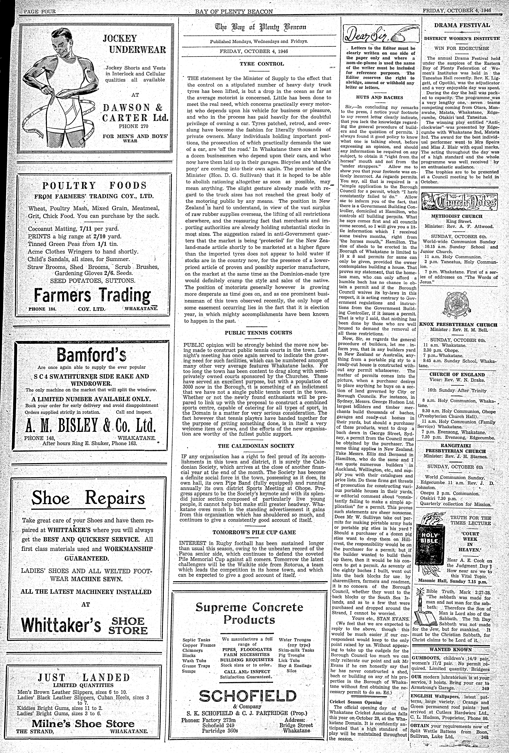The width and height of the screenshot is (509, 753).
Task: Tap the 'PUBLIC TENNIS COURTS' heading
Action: pos(258,333)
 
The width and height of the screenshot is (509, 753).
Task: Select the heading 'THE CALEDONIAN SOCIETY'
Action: pos(256,446)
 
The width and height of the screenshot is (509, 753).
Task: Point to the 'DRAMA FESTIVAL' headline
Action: pos(462,25)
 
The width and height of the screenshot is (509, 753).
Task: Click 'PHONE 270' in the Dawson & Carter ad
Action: pos(133,126)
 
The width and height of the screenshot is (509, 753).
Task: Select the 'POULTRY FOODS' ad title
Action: pos(94,186)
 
